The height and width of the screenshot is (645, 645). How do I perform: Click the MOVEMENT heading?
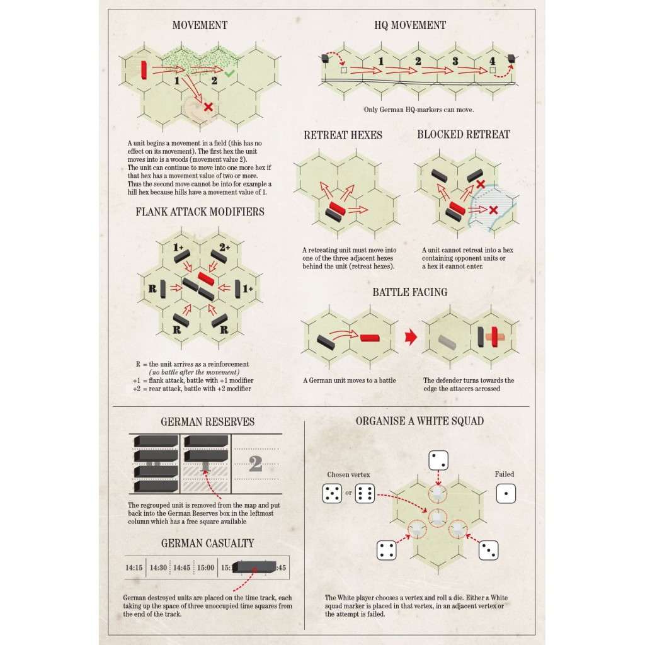pyautogui.click(x=200, y=25)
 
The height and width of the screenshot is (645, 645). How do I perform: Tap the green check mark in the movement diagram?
pyautogui.click(x=229, y=73)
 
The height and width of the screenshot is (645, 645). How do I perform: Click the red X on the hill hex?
pyautogui.click(x=208, y=107)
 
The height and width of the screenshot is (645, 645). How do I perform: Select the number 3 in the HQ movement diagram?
pyautogui.click(x=455, y=61)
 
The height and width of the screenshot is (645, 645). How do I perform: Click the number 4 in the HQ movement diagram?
pyautogui.click(x=492, y=61)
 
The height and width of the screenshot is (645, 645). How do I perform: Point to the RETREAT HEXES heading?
pyautogui.click(x=343, y=135)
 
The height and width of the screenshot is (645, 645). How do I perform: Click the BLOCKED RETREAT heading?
pyautogui.click(x=464, y=135)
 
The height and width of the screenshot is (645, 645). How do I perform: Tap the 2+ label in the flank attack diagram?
pyautogui.click(x=225, y=247)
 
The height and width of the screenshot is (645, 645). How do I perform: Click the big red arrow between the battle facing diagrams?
pyautogui.click(x=411, y=337)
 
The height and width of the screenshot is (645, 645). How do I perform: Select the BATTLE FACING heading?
pyautogui.click(x=410, y=292)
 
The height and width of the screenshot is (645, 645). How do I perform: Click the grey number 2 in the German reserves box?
pyautogui.click(x=256, y=464)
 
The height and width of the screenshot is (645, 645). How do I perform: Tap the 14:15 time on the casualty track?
pyautogui.click(x=134, y=568)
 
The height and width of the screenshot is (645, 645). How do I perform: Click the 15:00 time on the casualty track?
pyautogui.click(x=206, y=568)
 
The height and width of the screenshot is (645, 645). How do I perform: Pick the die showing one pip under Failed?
pyautogui.click(x=506, y=493)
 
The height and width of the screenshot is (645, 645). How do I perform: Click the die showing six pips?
pyautogui.click(x=365, y=493)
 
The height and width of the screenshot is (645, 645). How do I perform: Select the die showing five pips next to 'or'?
pyautogui.click(x=332, y=493)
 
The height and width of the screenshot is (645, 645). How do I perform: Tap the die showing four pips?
pyautogui.click(x=387, y=551)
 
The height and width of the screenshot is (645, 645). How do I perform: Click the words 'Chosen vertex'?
pyautogui.click(x=348, y=474)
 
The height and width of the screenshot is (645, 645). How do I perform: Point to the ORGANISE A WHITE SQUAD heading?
pyautogui.click(x=420, y=421)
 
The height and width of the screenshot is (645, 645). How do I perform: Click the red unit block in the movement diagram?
pyautogui.click(x=144, y=69)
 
